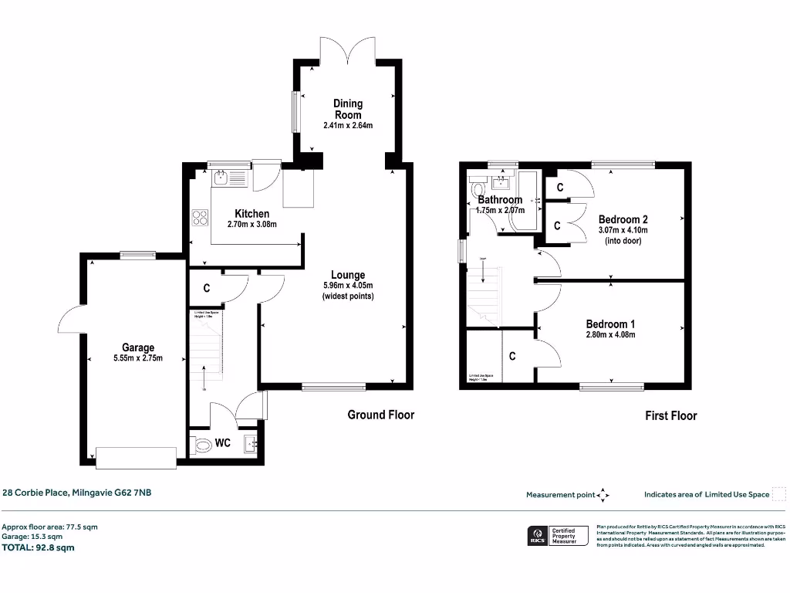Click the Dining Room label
pyautogui.click(x=348, y=109)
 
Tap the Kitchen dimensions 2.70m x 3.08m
pyautogui.click(x=252, y=225)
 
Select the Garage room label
pyautogui.click(x=137, y=347)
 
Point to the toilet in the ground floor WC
pyautogui.click(x=202, y=446)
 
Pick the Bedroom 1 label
pyautogui.click(x=610, y=324)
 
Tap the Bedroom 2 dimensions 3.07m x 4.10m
pyautogui.click(x=623, y=230)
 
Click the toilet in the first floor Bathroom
pyautogui.click(x=477, y=189)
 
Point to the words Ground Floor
pyautogui.click(x=380, y=415)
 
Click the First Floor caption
pyautogui.click(x=670, y=415)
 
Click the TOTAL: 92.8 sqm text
pyautogui.click(x=39, y=547)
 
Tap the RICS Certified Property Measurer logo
pyautogui.click(x=556, y=536)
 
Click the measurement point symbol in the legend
pyautogui.click(x=603, y=495)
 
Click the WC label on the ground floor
pyautogui.click(x=223, y=443)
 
